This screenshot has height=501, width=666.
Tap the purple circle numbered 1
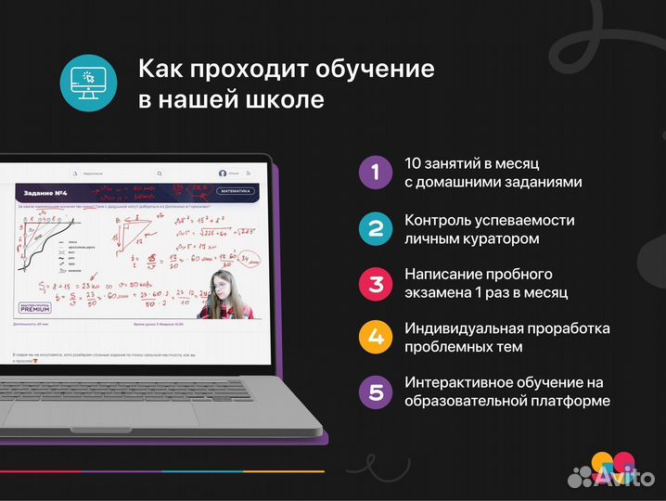(x=376, y=172)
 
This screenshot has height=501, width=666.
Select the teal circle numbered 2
(x=376, y=228)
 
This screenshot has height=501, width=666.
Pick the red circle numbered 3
(x=376, y=283)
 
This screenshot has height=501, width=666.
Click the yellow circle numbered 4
(x=376, y=337)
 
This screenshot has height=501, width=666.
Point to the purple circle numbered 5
(x=376, y=392)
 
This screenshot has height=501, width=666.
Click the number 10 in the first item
(x=413, y=164)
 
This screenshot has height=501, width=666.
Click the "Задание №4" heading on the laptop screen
(x=43, y=193)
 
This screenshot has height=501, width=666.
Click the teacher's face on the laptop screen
(x=224, y=285)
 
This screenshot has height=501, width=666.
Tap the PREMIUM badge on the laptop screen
(x=35, y=306)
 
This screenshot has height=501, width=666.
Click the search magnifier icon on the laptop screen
(x=160, y=173)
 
